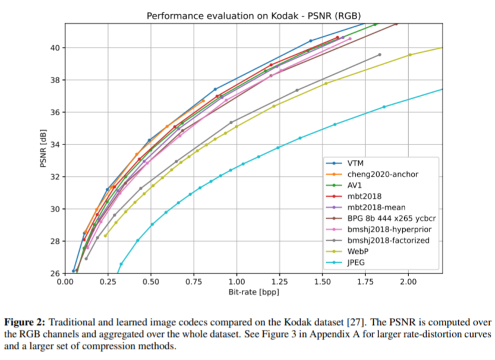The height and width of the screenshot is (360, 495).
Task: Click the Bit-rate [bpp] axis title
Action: tap(254, 292)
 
